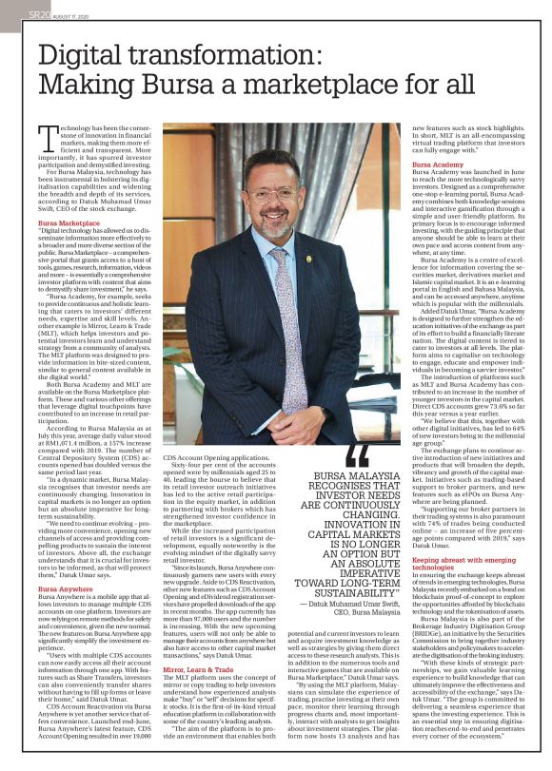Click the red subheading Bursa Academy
pyautogui.click(x=436, y=164)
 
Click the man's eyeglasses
pyautogui.click(x=272, y=196)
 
